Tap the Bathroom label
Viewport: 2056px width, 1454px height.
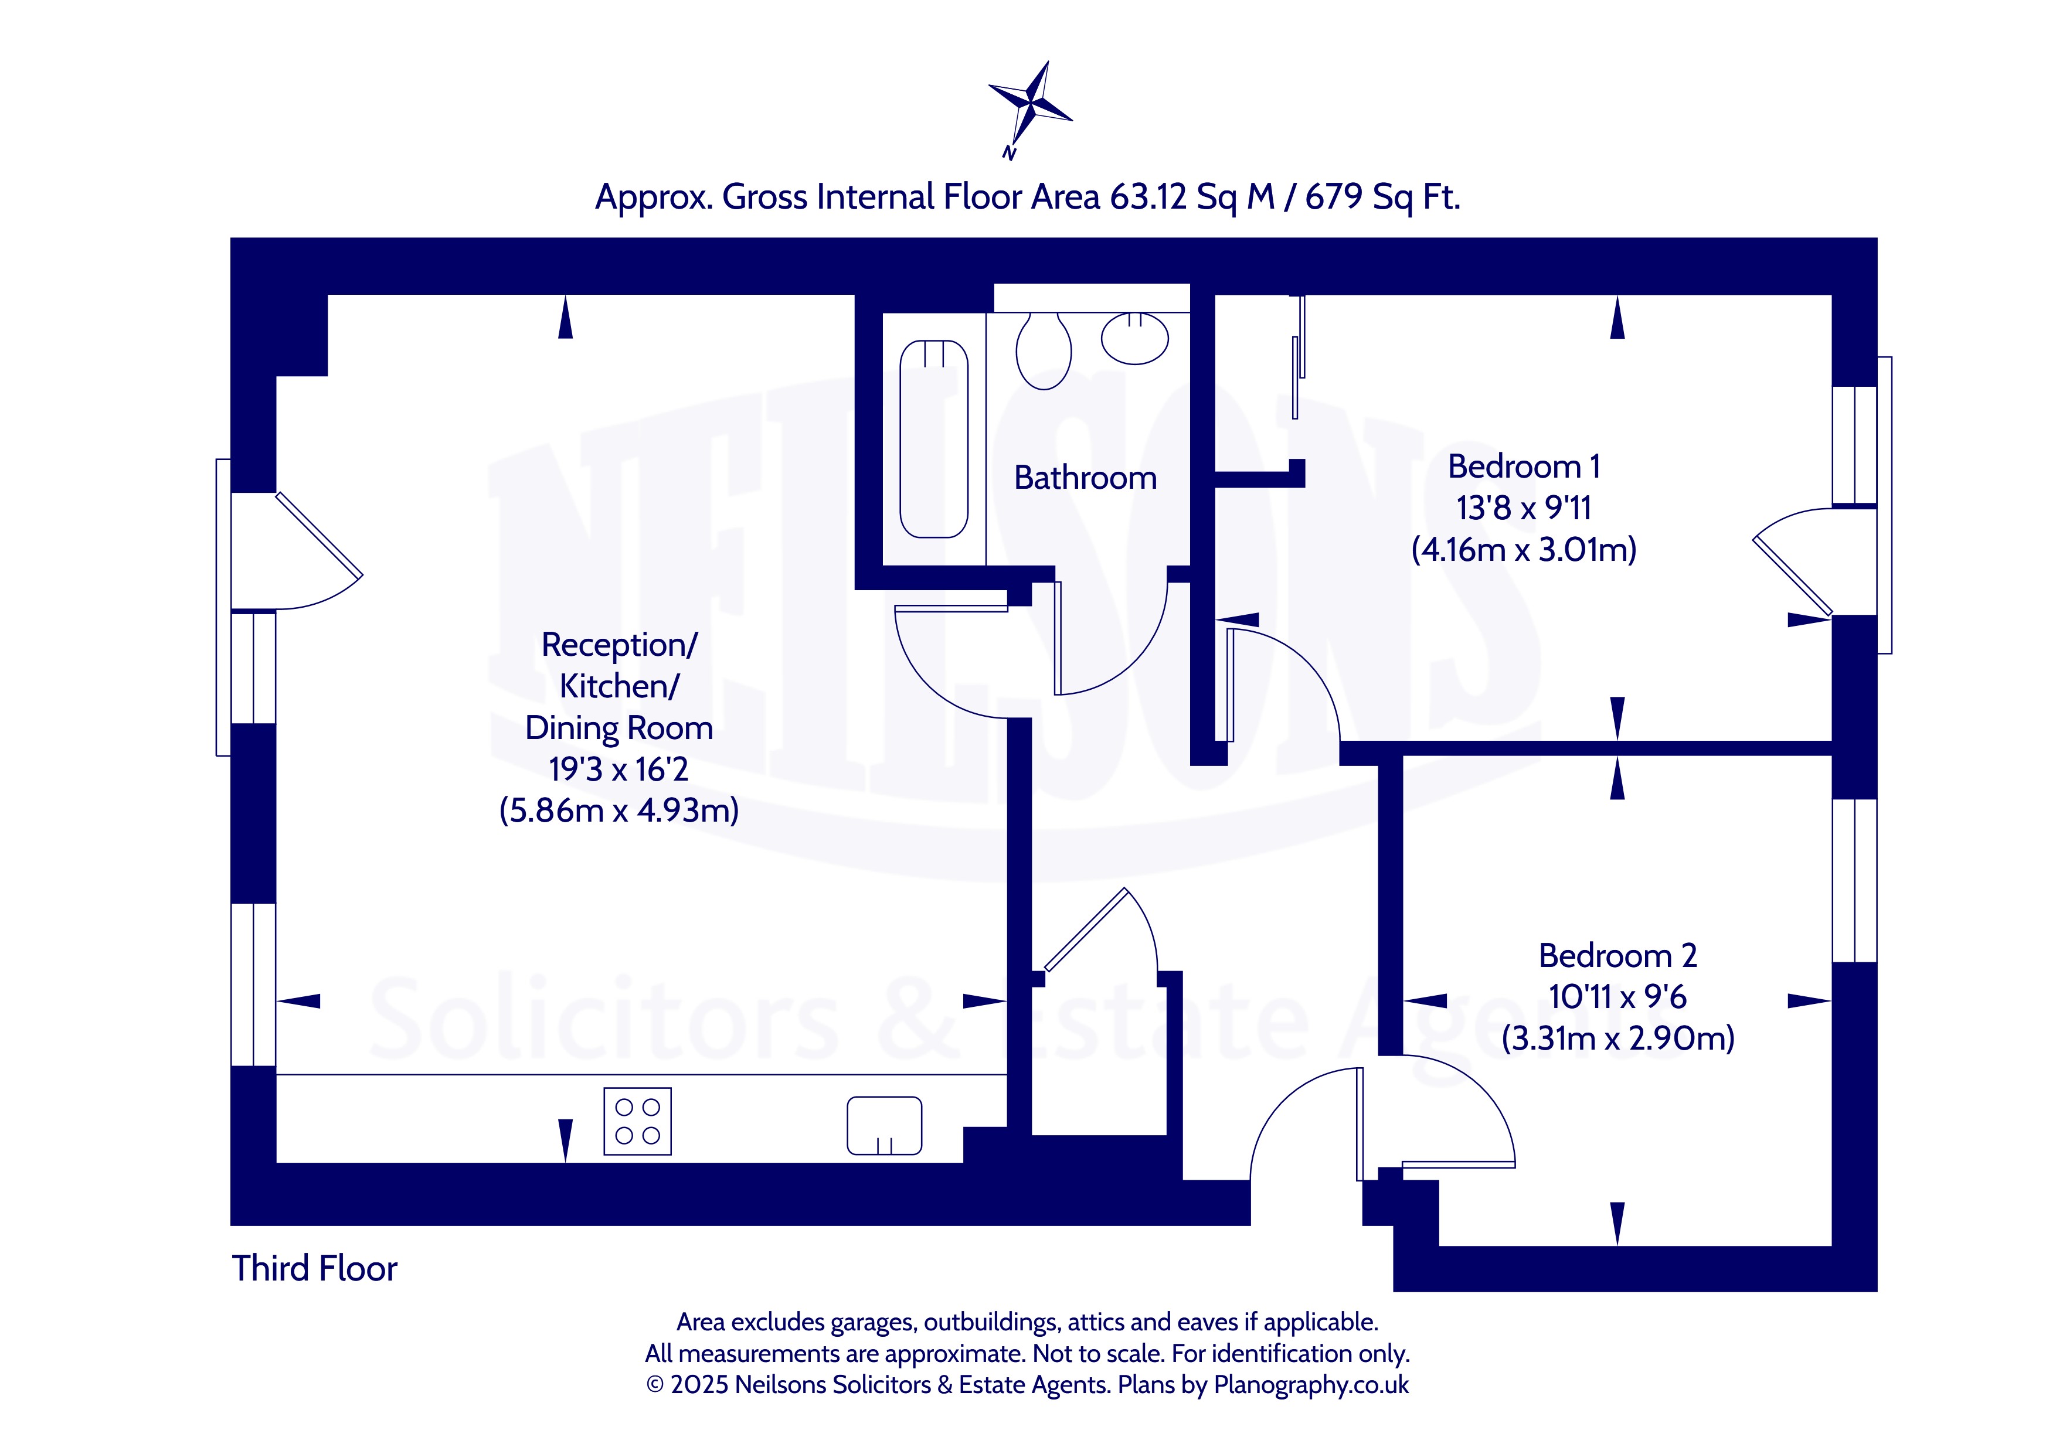tap(1085, 478)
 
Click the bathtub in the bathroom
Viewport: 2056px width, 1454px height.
tap(934, 439)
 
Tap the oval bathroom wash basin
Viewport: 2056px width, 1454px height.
tap(1134, 338)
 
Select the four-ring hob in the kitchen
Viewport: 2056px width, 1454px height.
tap(638, 1121)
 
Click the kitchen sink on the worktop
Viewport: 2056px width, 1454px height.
tap(885, 1125)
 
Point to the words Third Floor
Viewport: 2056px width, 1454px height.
tap(314, 1269)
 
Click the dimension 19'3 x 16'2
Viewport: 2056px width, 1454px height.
tap(619, 769)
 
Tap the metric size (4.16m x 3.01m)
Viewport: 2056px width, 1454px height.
tap(1523, 549)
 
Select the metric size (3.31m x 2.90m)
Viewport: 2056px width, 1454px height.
tap(1617, 1038)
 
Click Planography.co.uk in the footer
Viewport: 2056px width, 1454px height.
tap(1311, 1385)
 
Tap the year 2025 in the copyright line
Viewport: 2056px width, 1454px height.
tap(699, 1385)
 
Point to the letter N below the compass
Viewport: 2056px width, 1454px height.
tap(1009, 153)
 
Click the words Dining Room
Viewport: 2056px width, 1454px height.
tap(619, 728)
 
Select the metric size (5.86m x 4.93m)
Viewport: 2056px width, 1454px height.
tap(619, 811)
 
